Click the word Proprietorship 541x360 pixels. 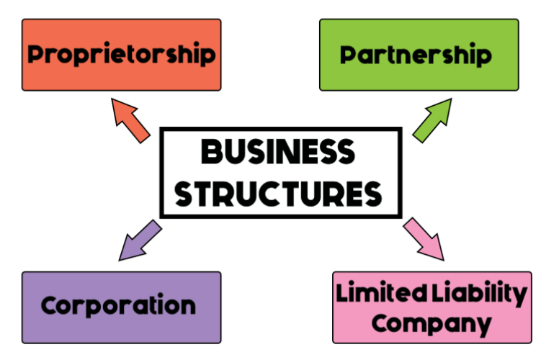click(x=122, y=55)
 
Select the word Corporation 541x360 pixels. click(x=119, y=305)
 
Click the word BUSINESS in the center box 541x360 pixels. click(x=278, y=153)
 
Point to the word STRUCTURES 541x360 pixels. click(x=280, y=193)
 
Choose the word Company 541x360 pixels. click(x=432, y=322)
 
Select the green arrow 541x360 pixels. click(x=432, y=118)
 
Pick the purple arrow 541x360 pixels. click(x=139, y=240)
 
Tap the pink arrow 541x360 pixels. click(x=424, y=240)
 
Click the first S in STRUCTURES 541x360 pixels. click(x=187, y=193)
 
